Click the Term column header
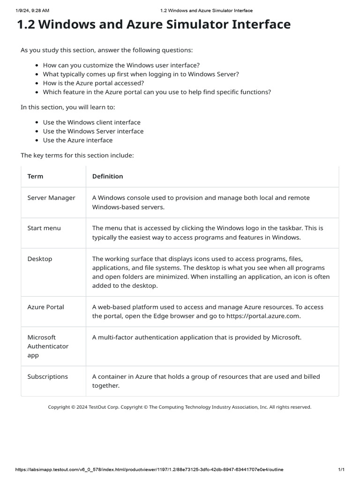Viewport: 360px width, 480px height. pyautogui.click(x=35, y=176)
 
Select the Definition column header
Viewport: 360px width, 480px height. pyautogui.click(x=107, y=176)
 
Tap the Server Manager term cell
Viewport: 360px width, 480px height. pyautogui.click(x=51, y=198)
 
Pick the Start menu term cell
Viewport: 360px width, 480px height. pyautogui.click(x=44, y=228)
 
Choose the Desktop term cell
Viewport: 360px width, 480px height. pyautogui.click(x=40, y=259)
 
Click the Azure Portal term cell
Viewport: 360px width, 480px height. pyautogui.click(x=45, y=307)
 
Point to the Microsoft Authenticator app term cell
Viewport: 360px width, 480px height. pyautogui.click(x=48, y=346)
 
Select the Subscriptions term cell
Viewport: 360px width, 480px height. pyautogui.click(x=47, y=376)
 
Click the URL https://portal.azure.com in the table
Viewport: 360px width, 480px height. pyautogui.click(x=263, y=316)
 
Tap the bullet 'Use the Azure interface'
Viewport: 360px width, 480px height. pyautogui.click(x=78, y=140)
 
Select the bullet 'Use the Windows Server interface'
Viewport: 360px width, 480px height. pyautogui.click(x=93, y=131)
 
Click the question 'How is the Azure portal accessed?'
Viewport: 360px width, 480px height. pyautogui.click(x=94, y=83)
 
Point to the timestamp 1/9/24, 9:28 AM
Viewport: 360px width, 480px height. pyautogui.click(x=32, y=10)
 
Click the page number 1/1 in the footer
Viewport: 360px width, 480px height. pyautogui.click(x=341, y=470)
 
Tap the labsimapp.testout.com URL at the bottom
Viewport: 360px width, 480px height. pyautogui.click(x=150, y=470)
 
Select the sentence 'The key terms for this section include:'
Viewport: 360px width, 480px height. pyautogui.click(x=77, y=155)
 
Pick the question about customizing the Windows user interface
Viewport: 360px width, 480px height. pyautogui.click(x=121, y=65)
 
